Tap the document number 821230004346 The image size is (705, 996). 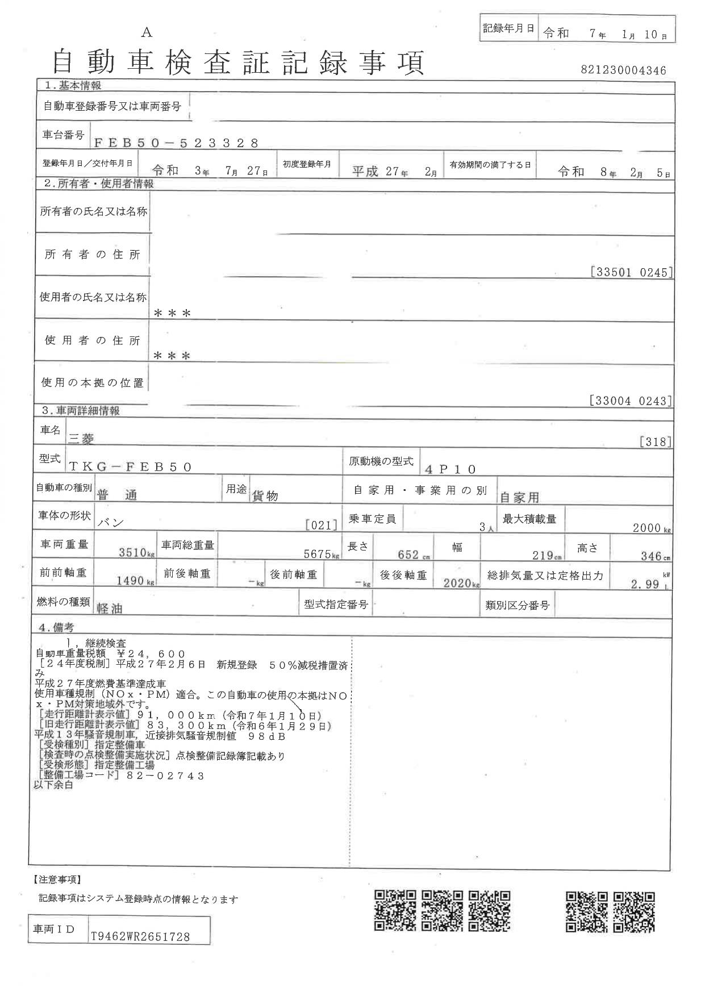[x=623, y=70]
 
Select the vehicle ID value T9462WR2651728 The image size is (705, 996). [x=140, y=937]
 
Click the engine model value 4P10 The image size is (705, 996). [x=450, y=469]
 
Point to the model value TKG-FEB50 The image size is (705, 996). [x=131, y=466]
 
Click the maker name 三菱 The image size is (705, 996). [x=81, y=438]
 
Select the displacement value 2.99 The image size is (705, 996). [x=645, y=584]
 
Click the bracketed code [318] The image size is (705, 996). [x=655, y=441]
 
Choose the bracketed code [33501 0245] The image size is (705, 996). [x=631, y=272]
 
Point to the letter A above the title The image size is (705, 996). [x=147, y=33]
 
